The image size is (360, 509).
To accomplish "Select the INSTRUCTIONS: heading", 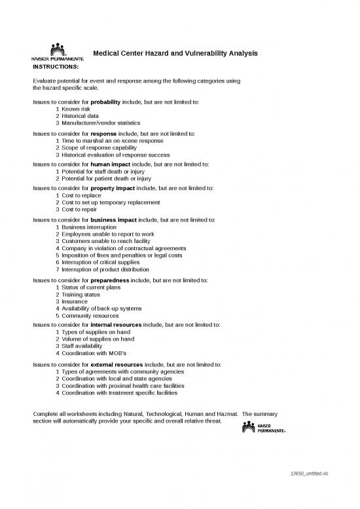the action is pyautogui.click(x=56, y=66).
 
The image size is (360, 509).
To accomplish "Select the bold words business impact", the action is pyautogui.click(x=115, y=220).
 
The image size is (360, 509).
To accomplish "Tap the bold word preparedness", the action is pyautogui.click(x=110, y=280).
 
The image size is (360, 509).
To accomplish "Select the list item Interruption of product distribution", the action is pyautogui.click(x=105, y=269).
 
